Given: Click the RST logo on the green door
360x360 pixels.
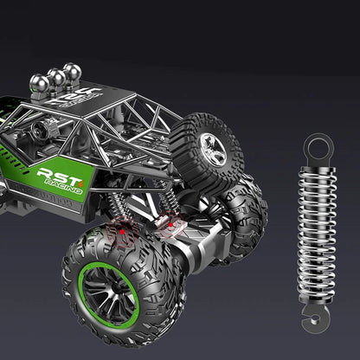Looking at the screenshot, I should [x=58, y=175].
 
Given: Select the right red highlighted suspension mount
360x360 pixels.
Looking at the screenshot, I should [x=173, y=228].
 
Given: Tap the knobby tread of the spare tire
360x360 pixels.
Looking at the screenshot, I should [x=227, y=130].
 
